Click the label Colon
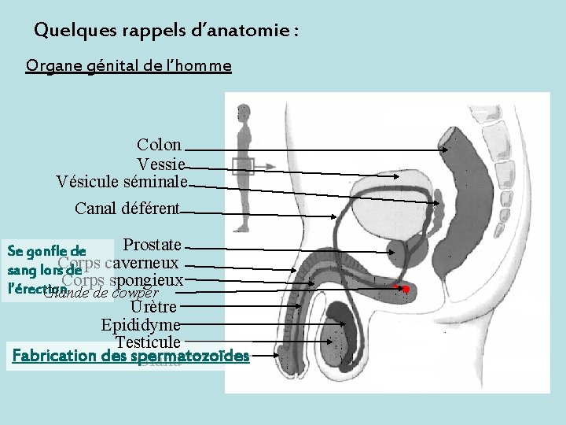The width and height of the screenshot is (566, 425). [x=159, y=145]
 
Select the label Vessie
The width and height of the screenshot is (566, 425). [x=160, y=164]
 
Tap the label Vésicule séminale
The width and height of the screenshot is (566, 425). [x=122, y=183]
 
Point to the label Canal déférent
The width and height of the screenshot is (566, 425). [x=127, y=209]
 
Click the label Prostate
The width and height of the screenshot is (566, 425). [x=153, y=246]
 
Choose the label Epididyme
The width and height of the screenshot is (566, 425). [x=141, y=325]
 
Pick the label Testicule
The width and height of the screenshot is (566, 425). [x=148, y=342]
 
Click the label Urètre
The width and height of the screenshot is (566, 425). [x=154, y=307]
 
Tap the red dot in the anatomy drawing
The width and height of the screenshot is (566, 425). [x=406, y=290]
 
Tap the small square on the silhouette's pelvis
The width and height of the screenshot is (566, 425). [x=244, y=164]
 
